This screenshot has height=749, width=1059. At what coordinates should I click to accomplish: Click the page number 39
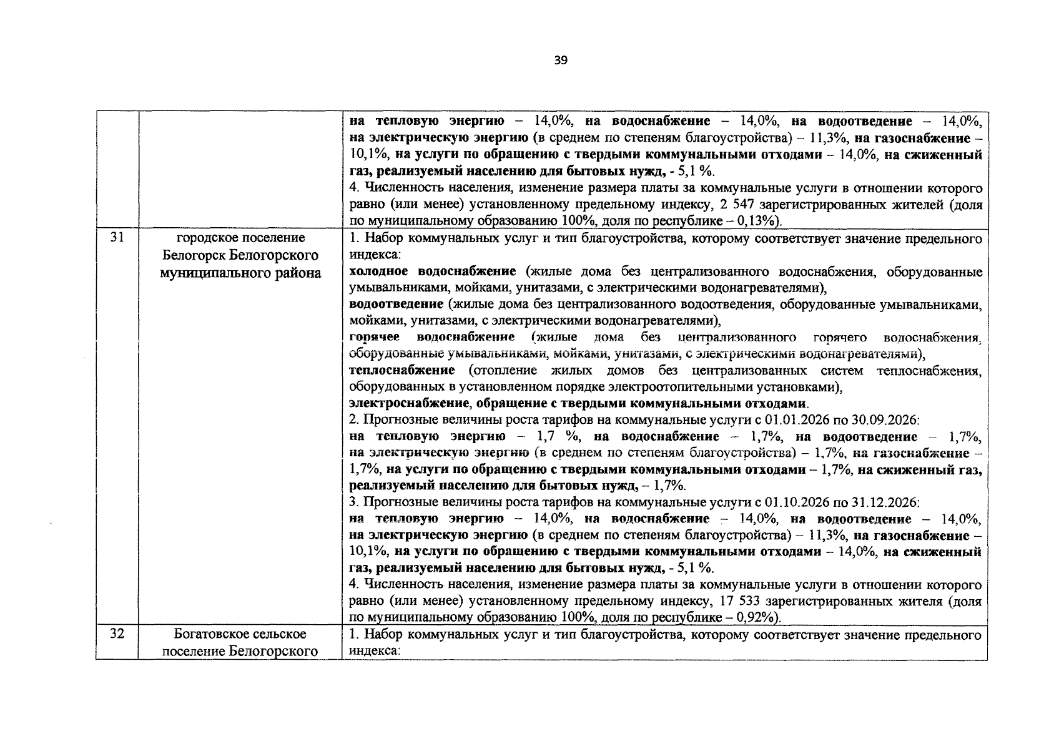[x=560, y=61]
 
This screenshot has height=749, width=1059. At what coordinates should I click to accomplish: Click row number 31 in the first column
[x=117, y=238]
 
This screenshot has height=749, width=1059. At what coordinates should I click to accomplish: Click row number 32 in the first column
[x=117, y=634]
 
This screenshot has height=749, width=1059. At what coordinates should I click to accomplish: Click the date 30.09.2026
[x=885, y=420]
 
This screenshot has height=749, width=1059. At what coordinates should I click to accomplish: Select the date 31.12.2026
[x=885, y=502]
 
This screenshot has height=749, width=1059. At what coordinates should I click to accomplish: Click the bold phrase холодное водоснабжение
[x=432, y=272]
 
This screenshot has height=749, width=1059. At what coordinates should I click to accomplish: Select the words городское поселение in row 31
[x=240, y=238]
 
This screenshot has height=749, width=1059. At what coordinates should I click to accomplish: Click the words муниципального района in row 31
[x=240, y=273]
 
